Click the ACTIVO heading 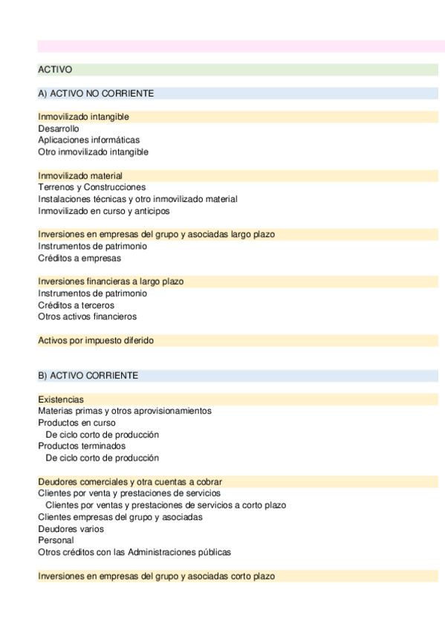(55, 70)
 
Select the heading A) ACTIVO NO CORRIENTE (96, 94)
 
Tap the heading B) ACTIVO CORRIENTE (88, 376)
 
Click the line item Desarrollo (59, 129)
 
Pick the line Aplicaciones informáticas (88, 140)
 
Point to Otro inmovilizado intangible (93, 152)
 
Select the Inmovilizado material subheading (80, 176)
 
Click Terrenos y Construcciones (91, 187)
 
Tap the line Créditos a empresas (79, 258)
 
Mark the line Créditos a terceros (76, 305)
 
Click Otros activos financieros (88, 316)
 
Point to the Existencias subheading (61, 400)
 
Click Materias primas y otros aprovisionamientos (125, 411)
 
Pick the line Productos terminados (82, 446)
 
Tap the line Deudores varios (71, 529)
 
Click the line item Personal (56, 541)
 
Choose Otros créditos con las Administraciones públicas (134, 552)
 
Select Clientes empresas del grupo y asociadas (120, 517)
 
